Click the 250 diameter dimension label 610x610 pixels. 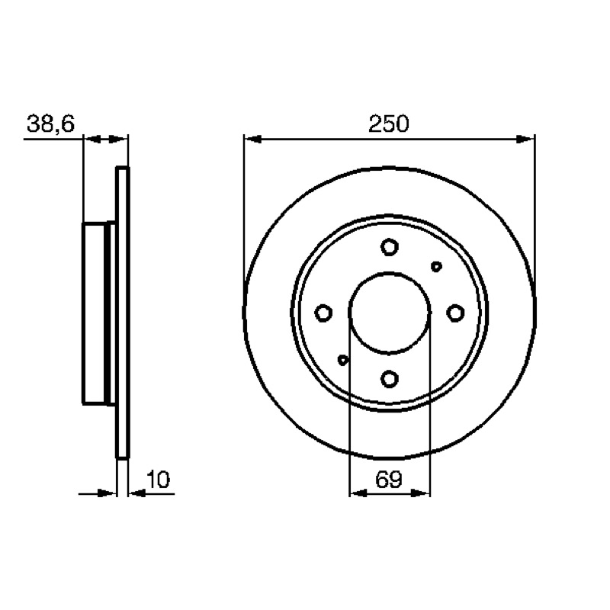(x=389, y=124)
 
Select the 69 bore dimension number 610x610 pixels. (x=388, y=480)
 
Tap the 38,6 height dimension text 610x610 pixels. (x=50, y=124)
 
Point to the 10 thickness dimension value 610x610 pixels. (x=159, y=480)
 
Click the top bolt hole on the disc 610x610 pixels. (x=390, y=246)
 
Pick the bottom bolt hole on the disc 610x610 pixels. (x=390, y=378)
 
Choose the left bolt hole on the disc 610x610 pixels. (x=323, y=313)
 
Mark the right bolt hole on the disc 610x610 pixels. (x=455, y=313)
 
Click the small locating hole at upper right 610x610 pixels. (x=436, y=266)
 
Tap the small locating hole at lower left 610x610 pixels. (x=342, y=360)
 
